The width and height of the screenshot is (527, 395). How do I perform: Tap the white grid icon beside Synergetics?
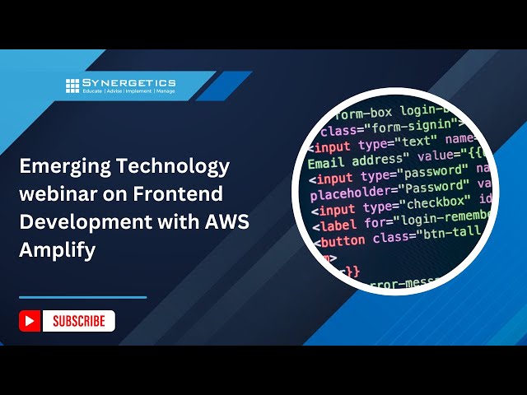pos(72,85)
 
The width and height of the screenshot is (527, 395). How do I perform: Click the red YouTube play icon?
pos(30,321)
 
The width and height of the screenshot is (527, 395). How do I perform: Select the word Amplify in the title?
pos(57,249)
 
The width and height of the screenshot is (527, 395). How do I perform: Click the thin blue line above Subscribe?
pos(82,297)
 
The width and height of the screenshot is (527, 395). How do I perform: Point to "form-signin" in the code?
pos(413,126)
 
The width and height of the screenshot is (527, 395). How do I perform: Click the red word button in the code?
pos(343,241)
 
